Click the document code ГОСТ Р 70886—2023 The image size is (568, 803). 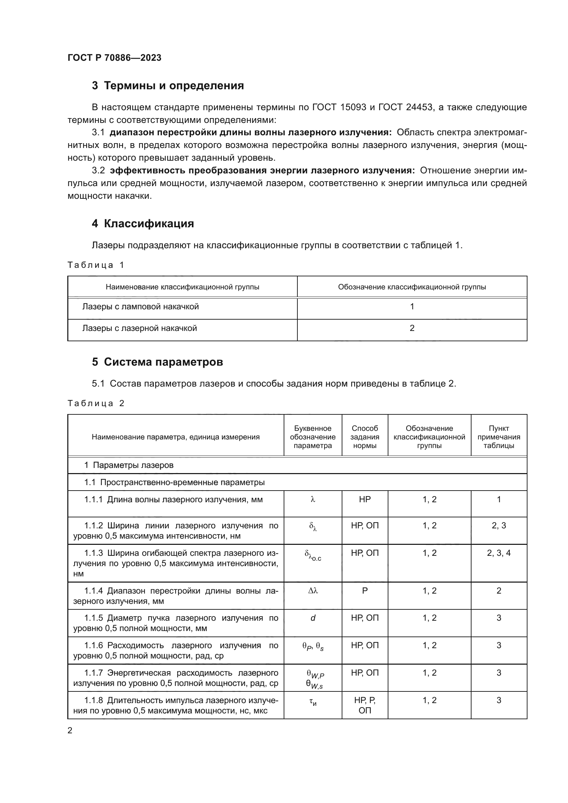[x=114, y=58]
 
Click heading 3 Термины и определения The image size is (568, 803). [x=168, y=86]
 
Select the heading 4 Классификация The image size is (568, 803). [x=143, y=223]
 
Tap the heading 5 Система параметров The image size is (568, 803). [x=157, y=362]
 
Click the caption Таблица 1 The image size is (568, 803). [x=96, y=265]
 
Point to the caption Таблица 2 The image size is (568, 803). [x=96, y=403]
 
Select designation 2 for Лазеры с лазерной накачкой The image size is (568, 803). [x=412, y=328]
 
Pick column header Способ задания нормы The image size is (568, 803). [x=364, y=437]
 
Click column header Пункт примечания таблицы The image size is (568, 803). [x=498, y=437]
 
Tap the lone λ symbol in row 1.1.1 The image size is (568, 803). [x=313, y=500]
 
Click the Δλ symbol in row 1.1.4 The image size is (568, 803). [x=313, y=591]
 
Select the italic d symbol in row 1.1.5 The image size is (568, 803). [x=313, y=618]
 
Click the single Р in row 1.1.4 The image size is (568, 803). [x=364, y=591]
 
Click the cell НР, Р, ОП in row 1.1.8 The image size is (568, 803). [x=364, y=705]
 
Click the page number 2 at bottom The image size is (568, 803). [x=70, y=730]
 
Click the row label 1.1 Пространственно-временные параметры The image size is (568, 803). [x=174, y=482]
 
